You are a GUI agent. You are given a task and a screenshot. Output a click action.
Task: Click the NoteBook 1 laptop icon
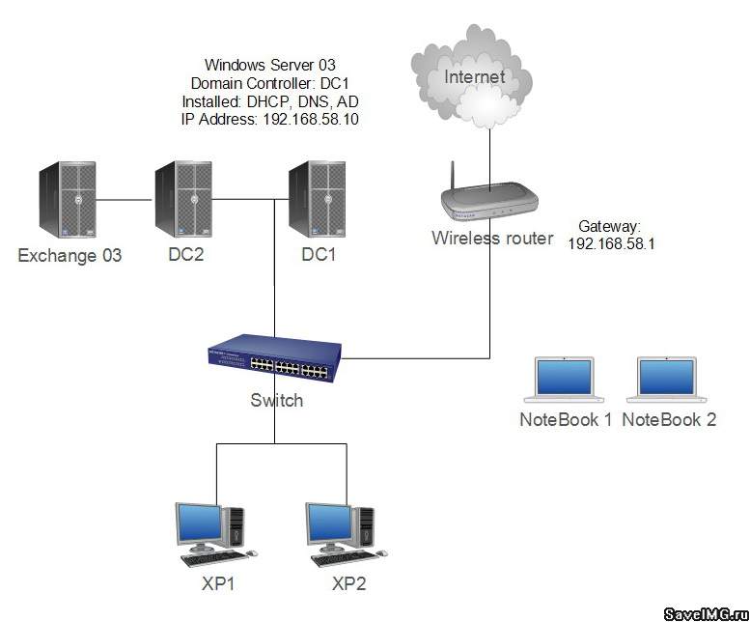(x=565, y=380)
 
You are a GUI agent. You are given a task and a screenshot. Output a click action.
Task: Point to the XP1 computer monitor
(x=200, y=524)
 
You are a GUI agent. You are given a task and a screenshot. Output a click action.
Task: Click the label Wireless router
(x=492, y=239)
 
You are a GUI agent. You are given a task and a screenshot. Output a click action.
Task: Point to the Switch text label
(x=276, y=400)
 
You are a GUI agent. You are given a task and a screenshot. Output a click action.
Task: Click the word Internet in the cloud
(x=474, y=75)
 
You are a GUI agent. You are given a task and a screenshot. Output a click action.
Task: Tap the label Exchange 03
(x=69, y=256)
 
